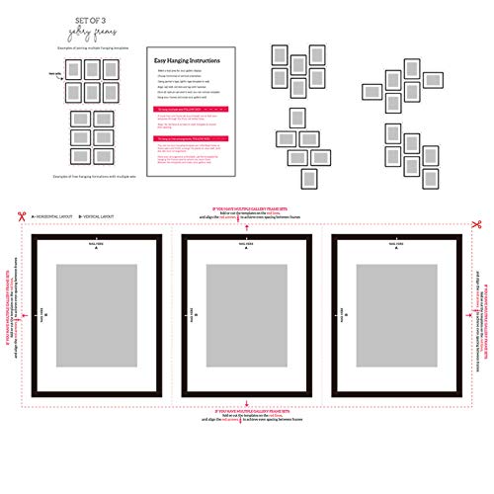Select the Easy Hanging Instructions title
point(188,61)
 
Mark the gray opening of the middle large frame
point(246,315)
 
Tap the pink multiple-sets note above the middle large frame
point(246,211)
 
